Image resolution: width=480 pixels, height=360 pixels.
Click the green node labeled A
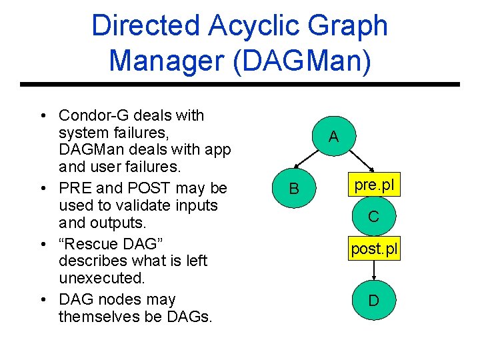[333, 137]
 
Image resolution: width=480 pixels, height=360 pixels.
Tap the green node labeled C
[374, 217]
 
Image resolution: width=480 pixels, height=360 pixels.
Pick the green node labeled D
[374, 301]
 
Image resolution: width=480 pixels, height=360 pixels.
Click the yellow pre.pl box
[374, 185]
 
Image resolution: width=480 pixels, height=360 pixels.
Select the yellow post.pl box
[374, 250]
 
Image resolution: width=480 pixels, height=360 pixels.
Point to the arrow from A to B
[311, 163]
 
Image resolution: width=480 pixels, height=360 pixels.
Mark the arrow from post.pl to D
[374, 271]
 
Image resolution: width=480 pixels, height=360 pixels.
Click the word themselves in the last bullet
[98, 317]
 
